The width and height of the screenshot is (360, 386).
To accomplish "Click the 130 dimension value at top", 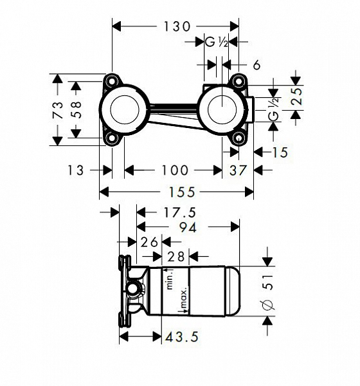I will coord(175,26).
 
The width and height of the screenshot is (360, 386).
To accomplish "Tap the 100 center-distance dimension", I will coord(175,170).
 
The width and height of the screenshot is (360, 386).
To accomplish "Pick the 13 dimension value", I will coord(76,170).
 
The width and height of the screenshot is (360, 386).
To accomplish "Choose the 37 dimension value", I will coord(238,170).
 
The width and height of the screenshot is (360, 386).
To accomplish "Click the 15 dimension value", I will coord(280,152).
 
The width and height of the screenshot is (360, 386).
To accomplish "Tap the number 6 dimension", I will coord(256,64).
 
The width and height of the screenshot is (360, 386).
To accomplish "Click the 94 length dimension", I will coord(187,226).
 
